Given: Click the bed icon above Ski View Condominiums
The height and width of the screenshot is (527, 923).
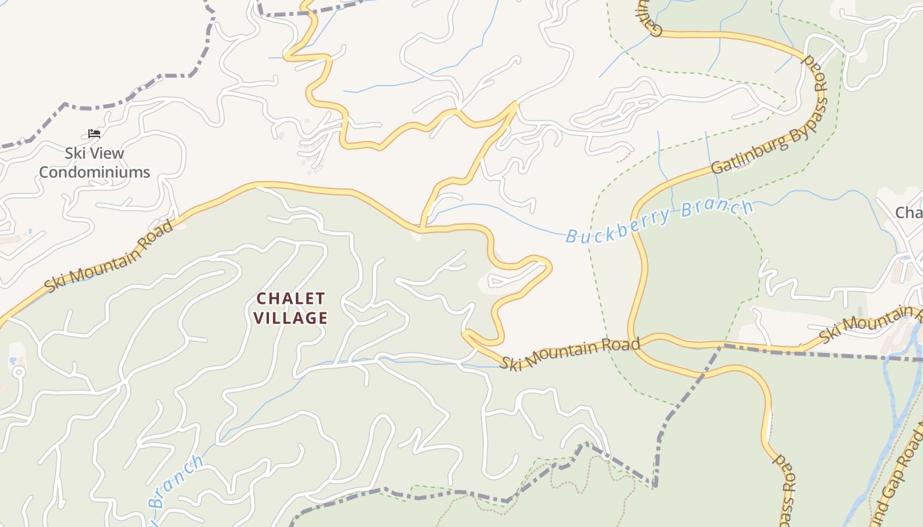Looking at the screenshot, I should [94, 133].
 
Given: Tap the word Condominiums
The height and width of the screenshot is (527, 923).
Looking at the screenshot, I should [94, 172].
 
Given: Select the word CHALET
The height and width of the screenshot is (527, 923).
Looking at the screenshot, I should [291, 298].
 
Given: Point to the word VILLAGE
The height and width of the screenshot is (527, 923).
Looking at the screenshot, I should [291, 318].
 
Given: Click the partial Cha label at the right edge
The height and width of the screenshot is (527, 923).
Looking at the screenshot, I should [908, 213].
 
